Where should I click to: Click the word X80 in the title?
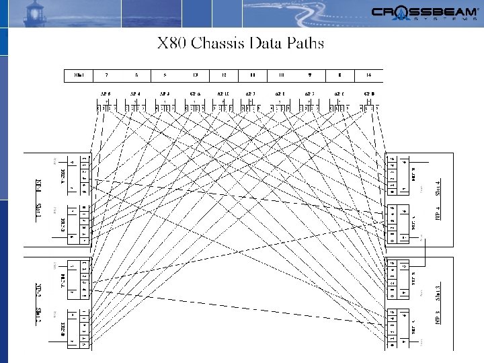pyautogui.click(x=171, y=44)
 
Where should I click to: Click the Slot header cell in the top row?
pyautogui.click(x=79, y=75)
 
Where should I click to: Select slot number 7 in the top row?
pyautogui.click(x=106, y=75)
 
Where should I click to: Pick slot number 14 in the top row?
pyautogui.click(x=368, y=75)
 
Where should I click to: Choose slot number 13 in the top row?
pyautogui.click(x=195, y=75)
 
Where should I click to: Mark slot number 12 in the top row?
pyautogui.click(x=224, y=75)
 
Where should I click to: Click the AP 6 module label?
pyautogui.click(x=106, y=94)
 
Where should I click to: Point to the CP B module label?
pyautogui.click(x=369, y=94)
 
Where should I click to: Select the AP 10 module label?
pyautogui.click(x=223, y=94)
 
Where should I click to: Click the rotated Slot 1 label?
pyautogui.click(x=38, y=214)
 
